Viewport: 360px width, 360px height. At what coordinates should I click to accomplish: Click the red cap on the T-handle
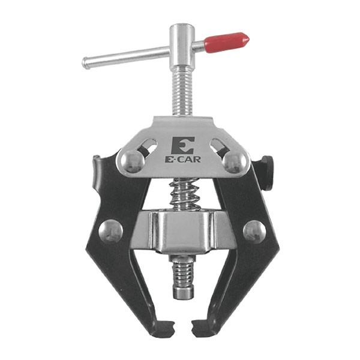click(226, 43)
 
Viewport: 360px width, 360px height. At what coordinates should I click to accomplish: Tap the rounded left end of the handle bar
click(85, 62)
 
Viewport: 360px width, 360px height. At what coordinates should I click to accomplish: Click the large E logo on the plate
click(182, 146)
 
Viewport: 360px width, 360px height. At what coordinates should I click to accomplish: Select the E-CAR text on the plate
click(183, 160)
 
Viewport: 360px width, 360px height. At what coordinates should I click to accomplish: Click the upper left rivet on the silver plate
click(133, 161)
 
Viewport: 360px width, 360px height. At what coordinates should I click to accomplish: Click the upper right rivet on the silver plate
click(235, 161)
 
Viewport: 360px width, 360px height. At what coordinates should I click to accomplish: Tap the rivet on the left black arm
click(110, 231)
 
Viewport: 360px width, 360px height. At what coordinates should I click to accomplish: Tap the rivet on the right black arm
click(254, 232)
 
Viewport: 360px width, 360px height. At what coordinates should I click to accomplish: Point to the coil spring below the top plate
click(184, 194)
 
